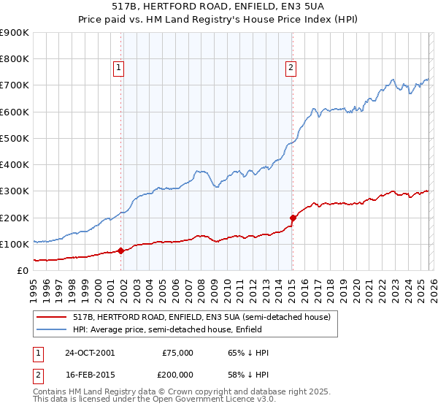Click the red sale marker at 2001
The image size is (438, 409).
[121, 251]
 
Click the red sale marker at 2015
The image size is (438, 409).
[293, 218]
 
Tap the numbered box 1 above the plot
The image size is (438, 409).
[118, 68]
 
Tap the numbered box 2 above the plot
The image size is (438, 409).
[291, 68]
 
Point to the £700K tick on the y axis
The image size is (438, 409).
[15, 85]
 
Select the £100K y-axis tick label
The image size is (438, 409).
[15, 244]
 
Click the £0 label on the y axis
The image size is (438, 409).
[23, 270]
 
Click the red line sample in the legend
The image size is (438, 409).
[51, 317]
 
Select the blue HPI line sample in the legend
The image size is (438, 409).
[51, 329]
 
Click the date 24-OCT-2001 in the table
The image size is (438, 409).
[90, 353]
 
